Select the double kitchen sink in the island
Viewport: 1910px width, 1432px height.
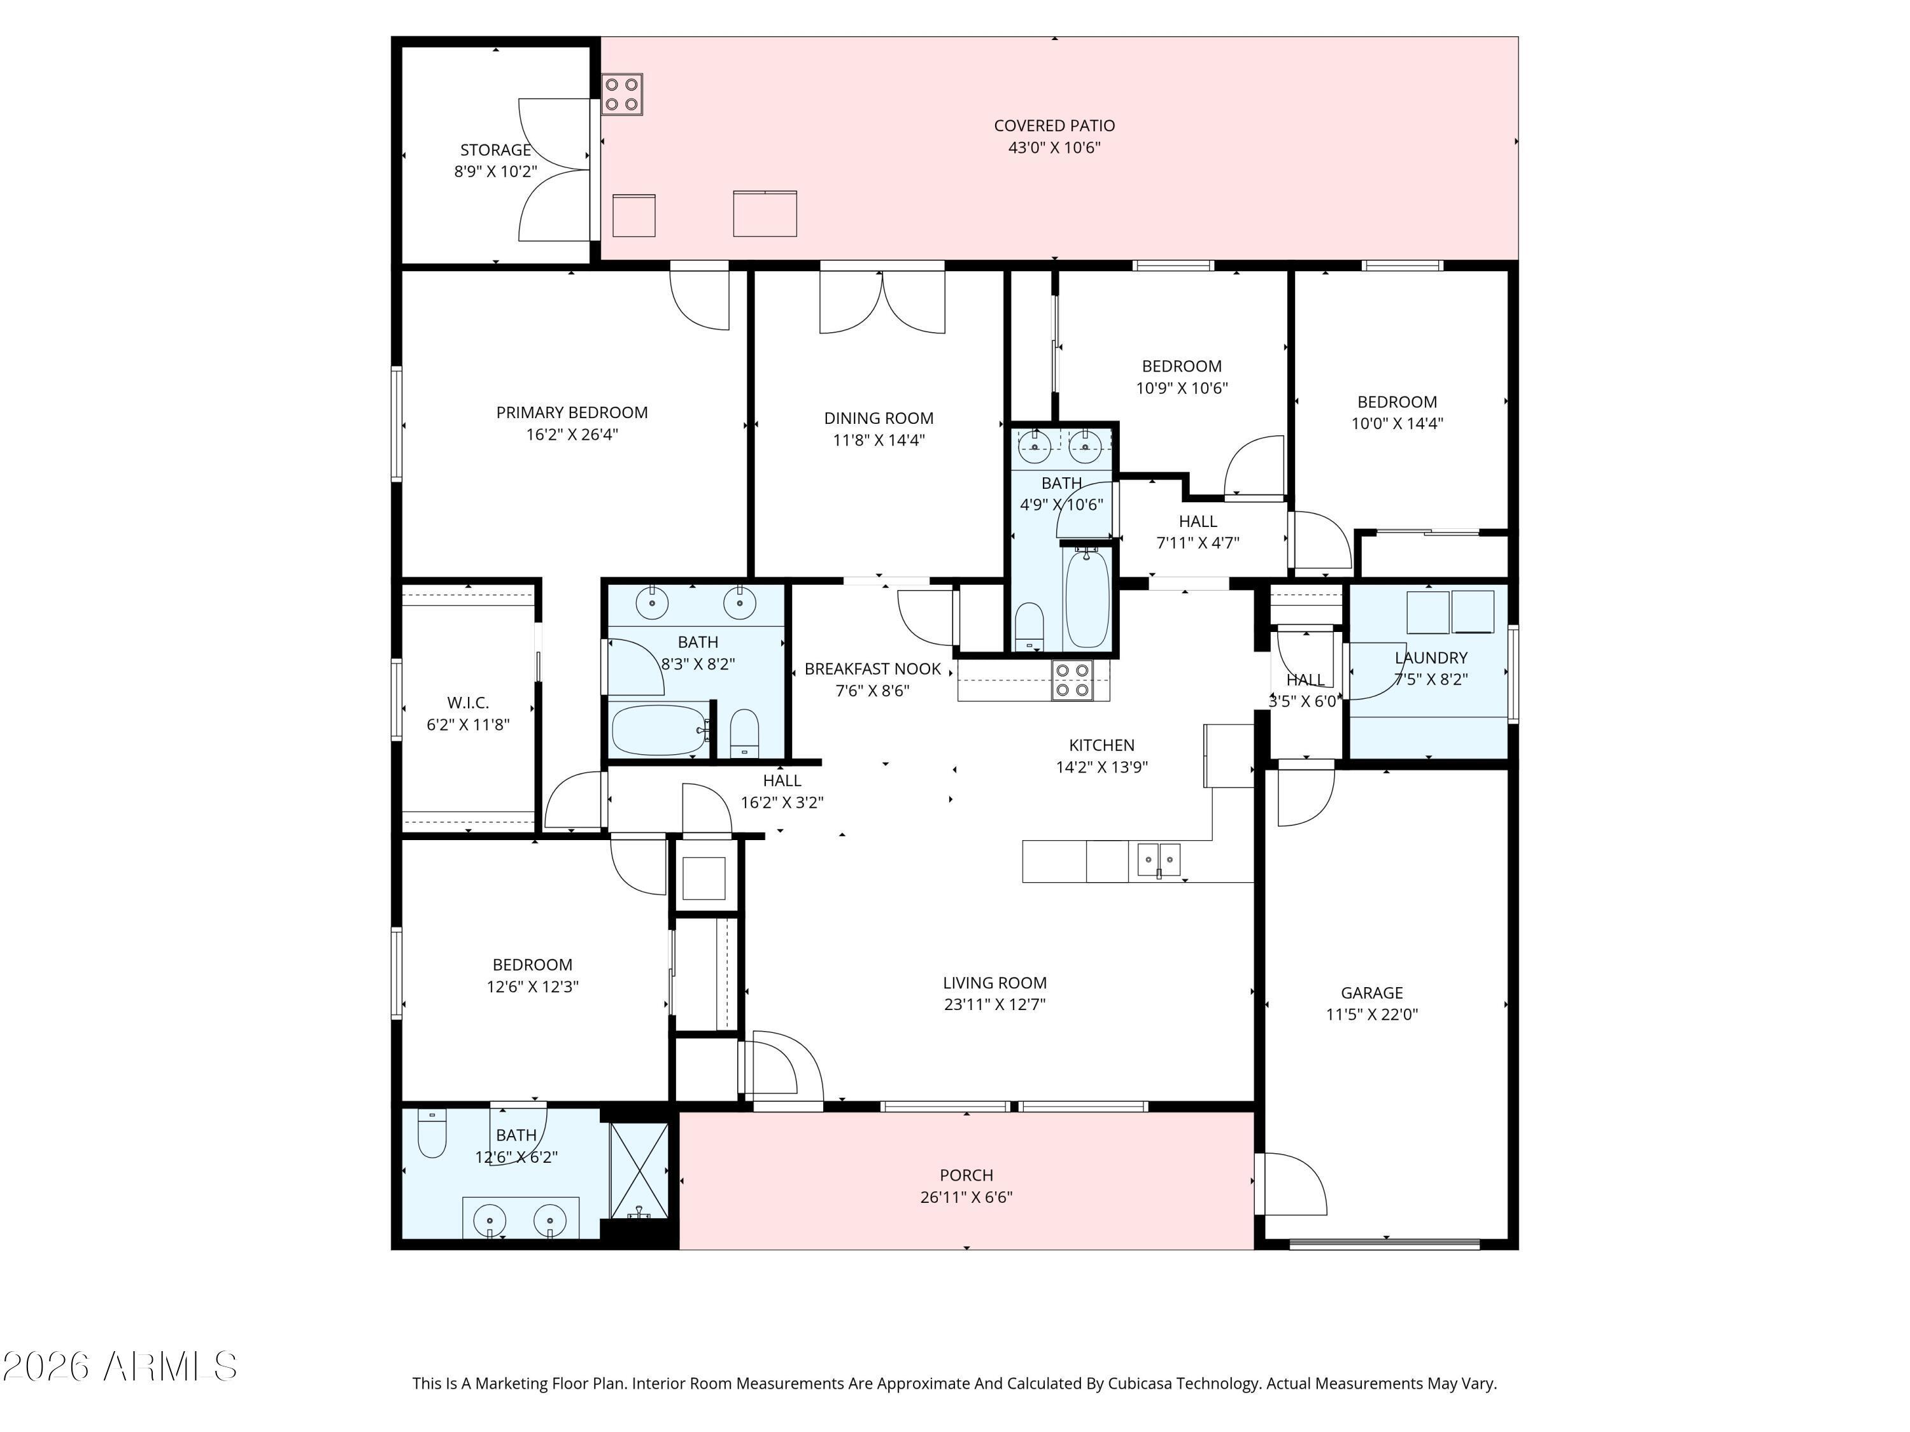1158,860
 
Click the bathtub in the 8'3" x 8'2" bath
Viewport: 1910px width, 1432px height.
658,730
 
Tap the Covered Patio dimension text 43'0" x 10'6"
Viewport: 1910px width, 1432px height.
1054,148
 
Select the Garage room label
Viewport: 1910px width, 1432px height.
1371,993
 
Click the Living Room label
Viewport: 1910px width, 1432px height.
994,982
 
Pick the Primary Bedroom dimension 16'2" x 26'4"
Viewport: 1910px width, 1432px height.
572,434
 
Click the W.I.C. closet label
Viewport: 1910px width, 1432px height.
468,703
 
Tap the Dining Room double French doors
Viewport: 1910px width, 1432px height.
882,301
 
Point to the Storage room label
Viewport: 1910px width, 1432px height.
495,150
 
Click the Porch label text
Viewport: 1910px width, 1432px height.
966,1175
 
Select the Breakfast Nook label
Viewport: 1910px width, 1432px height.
872,669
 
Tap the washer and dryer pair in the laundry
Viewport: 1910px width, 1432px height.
1450,612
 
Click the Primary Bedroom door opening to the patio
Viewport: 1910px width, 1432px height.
700,298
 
